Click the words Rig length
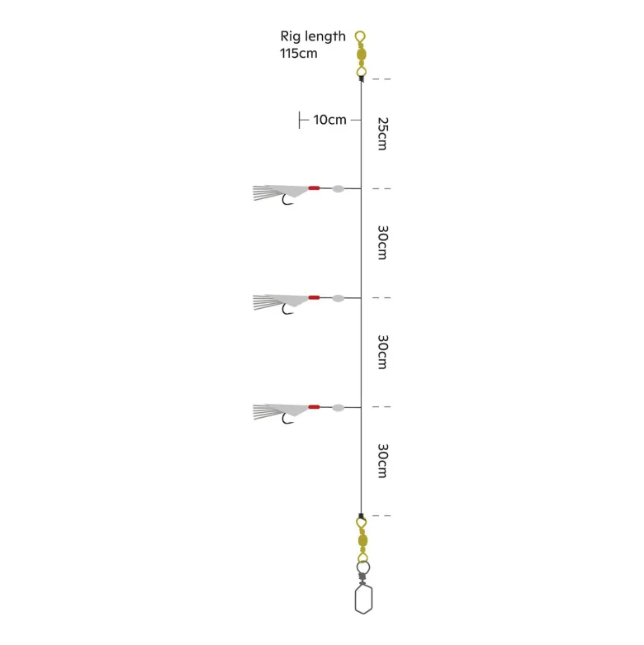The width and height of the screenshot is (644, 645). click(x=313, y=37)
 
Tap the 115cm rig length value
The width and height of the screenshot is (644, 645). click(x=299, y=54)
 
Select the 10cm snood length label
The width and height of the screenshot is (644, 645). click(x=329, y=120)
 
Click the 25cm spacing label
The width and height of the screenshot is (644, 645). click(x=383, y=134)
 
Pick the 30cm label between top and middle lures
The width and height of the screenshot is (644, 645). click(x=383, y=242)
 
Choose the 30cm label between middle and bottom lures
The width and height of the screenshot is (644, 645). click(x=383, y=352)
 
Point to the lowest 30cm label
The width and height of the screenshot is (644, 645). click(x=383, y=461)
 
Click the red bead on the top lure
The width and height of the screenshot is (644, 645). click(x=315, y=188)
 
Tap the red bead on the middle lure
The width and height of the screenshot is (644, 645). click(x=315, y=297)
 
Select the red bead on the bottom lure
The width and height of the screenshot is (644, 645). click(x=315, y=407)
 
